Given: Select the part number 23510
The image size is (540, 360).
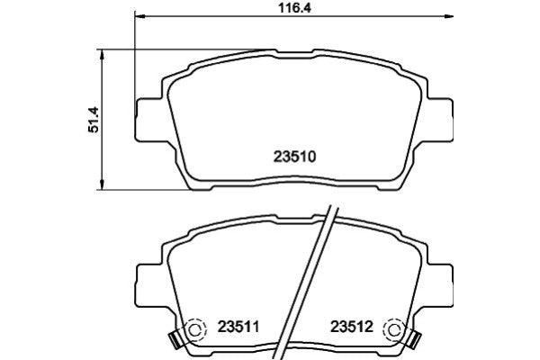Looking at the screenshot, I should click(x=292, y=154).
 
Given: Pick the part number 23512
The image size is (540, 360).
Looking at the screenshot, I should click(x=353, y=327).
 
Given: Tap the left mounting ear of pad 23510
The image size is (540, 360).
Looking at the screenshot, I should click(x=148, y=120).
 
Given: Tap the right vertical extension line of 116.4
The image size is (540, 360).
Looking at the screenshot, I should click(x=449, y=54).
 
